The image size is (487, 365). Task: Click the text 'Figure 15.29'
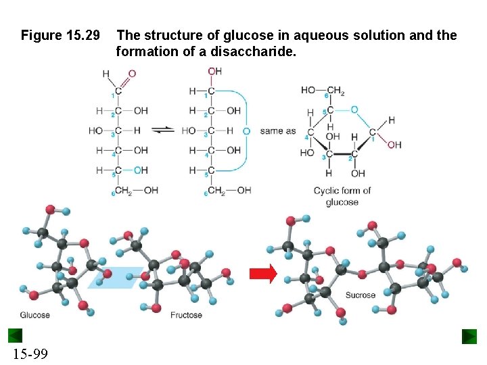(x=60, y=34)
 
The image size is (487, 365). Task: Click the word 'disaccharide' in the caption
(x=260, y=50)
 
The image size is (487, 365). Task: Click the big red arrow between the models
(x=263, y=274)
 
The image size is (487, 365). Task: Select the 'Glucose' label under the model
(x=34, y=315)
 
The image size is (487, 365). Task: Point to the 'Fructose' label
(x=186, y=315)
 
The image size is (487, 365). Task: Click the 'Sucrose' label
(x=361, y=295)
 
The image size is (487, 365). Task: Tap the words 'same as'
(x=278, y=130)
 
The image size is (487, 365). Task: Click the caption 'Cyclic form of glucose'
(x=342, y=196)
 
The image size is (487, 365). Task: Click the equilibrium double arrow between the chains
(x=162, y=130)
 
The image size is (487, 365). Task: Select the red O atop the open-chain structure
(x=132, y=73)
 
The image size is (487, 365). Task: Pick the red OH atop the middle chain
(x=214, y=71)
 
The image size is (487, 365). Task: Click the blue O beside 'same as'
(x=246, y=130)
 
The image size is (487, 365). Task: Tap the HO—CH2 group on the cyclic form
(x=323, y=90)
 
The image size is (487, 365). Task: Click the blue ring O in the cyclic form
(x=354, y=109)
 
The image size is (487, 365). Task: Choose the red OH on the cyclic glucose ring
(x=394, y=145)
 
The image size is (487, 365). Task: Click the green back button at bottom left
(x=16, y=336)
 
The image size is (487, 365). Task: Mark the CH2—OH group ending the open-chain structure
(x=135, y=191)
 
